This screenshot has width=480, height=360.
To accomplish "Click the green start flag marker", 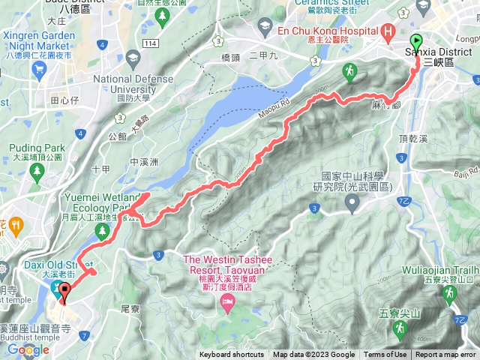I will coord(417,43).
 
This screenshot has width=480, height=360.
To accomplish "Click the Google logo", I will coord(28,349).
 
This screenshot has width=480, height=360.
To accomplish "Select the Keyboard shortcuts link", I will coord(232,355).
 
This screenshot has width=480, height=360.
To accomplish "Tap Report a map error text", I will coord(445,355).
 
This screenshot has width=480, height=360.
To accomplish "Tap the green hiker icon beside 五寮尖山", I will coord(403,328).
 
